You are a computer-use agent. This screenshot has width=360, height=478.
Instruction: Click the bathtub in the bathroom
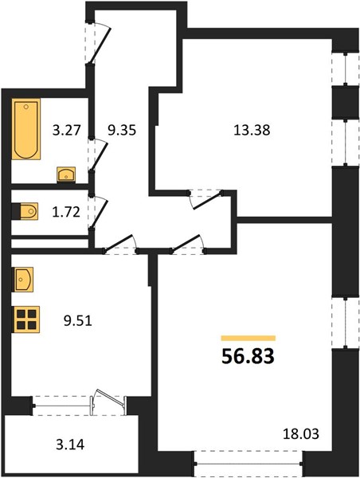point(27,128)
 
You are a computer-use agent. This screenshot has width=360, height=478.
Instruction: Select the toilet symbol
point(25,211)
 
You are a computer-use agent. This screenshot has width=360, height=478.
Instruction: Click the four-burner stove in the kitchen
point(26,319)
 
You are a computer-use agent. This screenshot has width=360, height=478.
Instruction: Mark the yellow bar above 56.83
point(248,338)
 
